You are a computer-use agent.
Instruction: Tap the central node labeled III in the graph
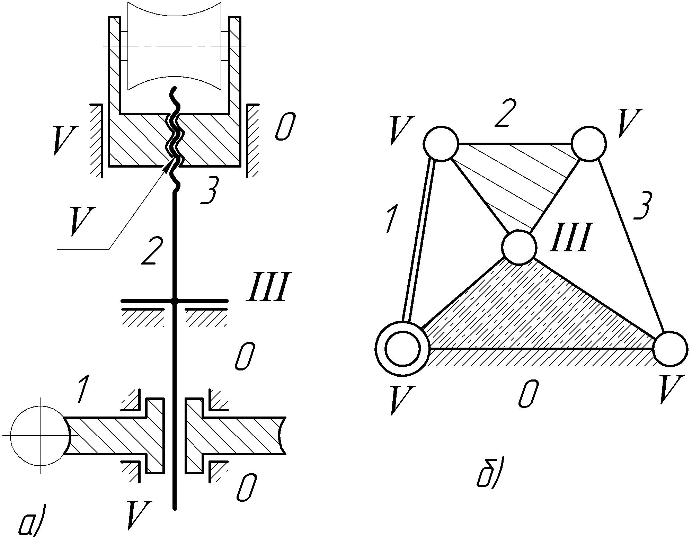[519, 248]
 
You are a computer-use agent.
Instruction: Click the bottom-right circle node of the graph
[670, 348]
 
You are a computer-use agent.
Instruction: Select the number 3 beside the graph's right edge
[644, 206]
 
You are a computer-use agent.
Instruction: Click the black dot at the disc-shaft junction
[175, 302]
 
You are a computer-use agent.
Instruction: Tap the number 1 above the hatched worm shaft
[82, 390]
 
